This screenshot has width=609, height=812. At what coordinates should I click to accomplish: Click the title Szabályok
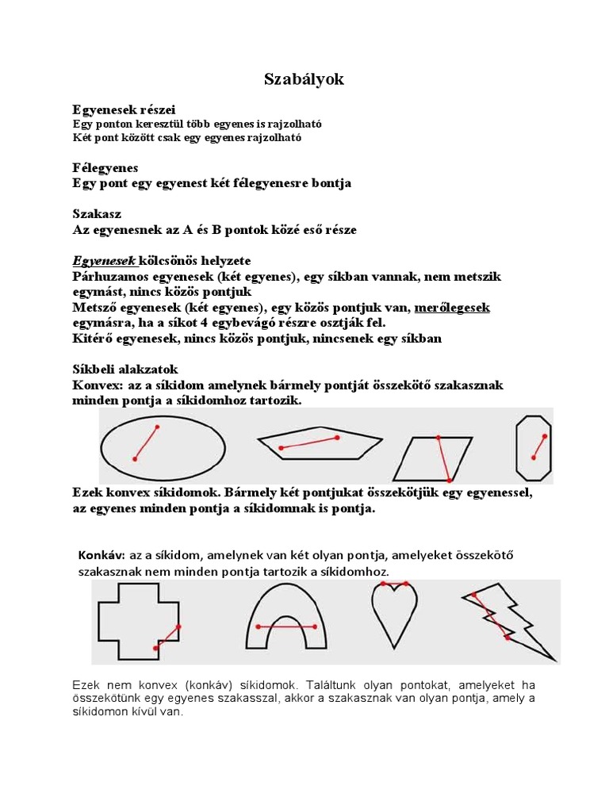304,79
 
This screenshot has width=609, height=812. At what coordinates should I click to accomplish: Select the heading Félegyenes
105,168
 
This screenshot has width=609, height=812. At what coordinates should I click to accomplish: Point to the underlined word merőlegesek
452,308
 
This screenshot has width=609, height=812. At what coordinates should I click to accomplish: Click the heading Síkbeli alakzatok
125,370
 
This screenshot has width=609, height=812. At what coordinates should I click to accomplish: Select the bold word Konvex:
95,385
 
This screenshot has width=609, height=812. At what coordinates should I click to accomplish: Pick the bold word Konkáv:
101,555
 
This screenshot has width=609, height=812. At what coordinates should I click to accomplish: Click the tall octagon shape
533,446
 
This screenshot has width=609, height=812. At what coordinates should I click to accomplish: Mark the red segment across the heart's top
394,584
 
